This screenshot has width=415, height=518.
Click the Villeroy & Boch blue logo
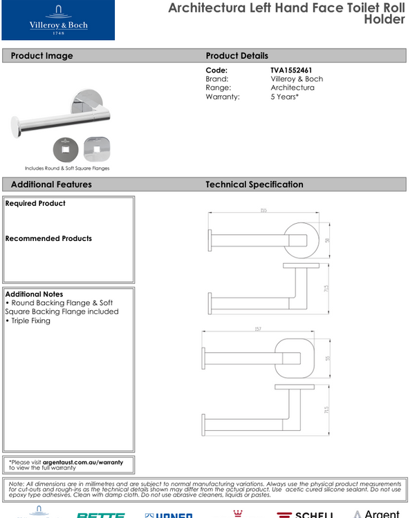coord(58,21)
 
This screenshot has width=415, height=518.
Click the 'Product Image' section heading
coord(41,56)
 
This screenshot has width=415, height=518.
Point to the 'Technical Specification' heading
coord(254,184)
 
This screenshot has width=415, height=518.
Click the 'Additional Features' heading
coord(51,184)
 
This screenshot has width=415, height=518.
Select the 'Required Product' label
coord(35,204)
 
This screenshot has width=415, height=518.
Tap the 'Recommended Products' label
coord(48,238)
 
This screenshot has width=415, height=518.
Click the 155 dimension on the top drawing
coord(264,210)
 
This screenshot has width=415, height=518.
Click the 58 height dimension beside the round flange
coord(326,240)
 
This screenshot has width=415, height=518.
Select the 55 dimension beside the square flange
coord(326,358)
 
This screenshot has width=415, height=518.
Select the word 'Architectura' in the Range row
coord(293,88)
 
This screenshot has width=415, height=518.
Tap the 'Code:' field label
coord(216,70)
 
